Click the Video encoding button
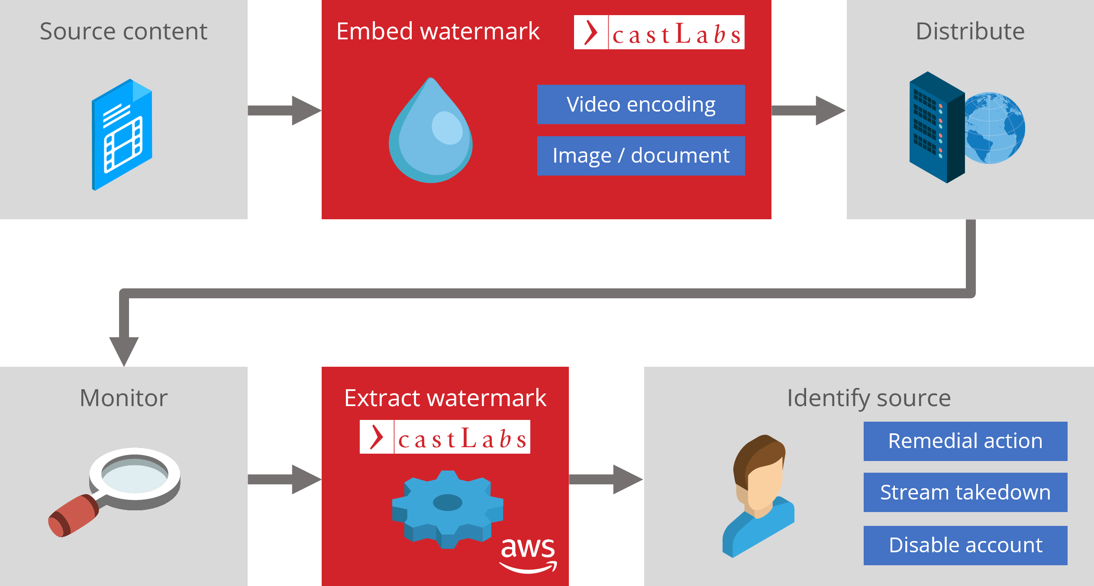(641, 105)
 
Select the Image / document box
(641, 156)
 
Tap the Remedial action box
(965, 441)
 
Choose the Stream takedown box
(965, 492)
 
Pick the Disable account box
(965, 545)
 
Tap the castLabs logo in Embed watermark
(659, 32)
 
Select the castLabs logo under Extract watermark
(445, 437)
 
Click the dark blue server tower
(935, 128)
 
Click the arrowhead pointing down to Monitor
(124, 350)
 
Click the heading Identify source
(868, 398)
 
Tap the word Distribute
(970, 31)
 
